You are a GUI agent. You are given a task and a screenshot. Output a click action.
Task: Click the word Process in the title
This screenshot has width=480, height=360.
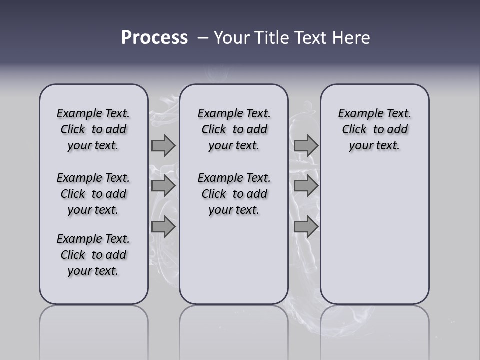tap(154, 38)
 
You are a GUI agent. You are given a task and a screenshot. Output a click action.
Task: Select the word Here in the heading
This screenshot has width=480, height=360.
tap(350, 38)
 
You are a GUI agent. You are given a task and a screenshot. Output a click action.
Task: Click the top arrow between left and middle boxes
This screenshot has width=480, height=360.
tap(163, 146)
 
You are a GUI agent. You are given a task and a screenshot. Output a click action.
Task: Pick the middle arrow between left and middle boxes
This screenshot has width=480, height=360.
tap(163, 186)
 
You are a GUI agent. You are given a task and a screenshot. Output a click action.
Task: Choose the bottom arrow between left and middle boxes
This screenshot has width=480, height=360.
tap(163, 227)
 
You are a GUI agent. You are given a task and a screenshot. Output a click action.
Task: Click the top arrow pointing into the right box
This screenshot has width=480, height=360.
tap(306, 146)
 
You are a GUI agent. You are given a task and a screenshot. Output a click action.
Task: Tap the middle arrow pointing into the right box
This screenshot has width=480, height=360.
tap(306, 186)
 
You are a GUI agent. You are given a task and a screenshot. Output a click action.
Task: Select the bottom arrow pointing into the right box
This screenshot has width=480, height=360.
tap(306, 227)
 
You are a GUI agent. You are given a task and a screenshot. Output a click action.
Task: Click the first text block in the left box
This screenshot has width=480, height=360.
tap(93, 129)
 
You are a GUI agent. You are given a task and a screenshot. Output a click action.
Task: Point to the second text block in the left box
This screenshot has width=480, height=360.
tap(93, 194)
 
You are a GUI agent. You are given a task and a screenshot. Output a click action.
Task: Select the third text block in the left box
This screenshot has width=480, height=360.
tap(93, 255)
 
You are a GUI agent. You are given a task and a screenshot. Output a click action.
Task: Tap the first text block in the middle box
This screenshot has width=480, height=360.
tap(234, 129)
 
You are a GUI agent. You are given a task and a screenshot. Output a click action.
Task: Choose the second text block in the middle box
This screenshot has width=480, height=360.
tap(234, 194)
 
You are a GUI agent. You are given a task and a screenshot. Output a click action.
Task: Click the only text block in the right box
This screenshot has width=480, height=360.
tap(375, 129)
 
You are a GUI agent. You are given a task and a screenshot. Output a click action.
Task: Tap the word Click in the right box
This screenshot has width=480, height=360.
tap(354, 129)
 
